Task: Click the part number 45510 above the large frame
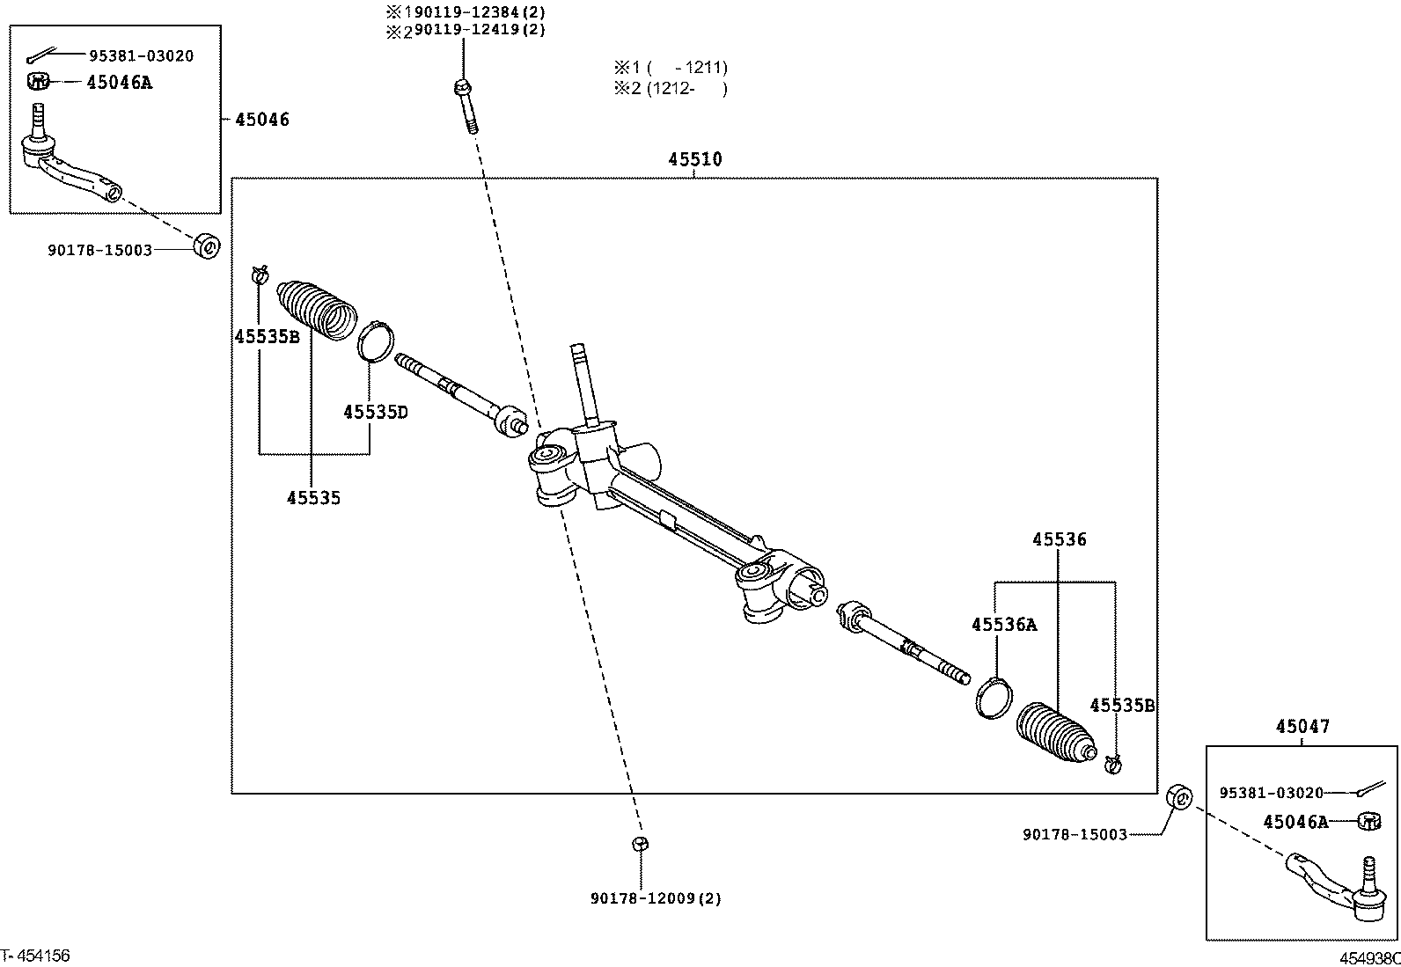(x=694, y=159)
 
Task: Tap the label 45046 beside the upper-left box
(x=261, y=120)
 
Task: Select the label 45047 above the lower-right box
(x=1302, y=727)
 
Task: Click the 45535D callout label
(x=375, y=412)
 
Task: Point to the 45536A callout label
(x=1003, y=625)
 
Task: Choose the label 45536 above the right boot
(x=1059, y=539)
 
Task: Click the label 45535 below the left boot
(x=313, y=498)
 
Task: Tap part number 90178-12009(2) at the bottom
(x=656, y=898)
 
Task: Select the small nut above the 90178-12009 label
(x=640, y=844)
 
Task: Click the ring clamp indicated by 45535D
(x=376, y=341)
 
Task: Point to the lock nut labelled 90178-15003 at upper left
(x=206, y=245)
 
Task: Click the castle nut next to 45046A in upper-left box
(x=37, y=82)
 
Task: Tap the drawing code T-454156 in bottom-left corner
(x=35, y=956)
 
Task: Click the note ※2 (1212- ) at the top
(x=671, y=88)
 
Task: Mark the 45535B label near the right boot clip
(x=1121, y=706)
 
